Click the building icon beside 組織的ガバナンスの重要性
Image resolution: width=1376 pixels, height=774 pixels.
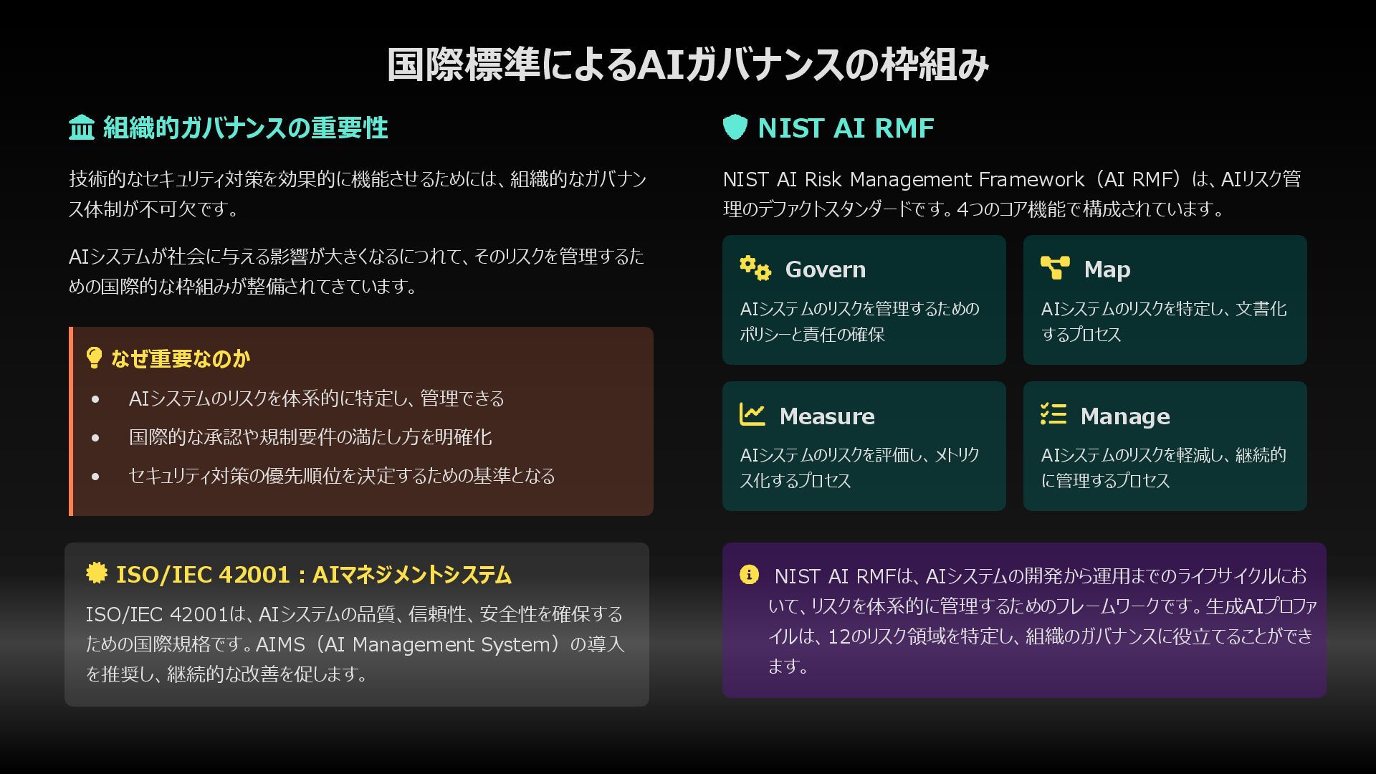pos(82,128)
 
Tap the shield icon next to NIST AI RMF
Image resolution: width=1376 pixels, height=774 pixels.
pos(735,128)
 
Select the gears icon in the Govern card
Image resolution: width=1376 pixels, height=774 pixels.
pos(755,269)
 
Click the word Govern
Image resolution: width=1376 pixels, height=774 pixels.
pos(825,269)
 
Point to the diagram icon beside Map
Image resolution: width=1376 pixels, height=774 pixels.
pos(1055,268)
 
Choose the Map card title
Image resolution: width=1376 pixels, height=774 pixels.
pos(1107,269)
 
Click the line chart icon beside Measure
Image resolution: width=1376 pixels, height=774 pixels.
pos(752,415)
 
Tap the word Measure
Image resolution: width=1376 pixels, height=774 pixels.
pos(826,416)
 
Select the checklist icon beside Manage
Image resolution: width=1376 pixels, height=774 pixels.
pos(1053,415)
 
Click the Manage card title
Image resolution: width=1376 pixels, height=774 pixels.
pos(1124,416)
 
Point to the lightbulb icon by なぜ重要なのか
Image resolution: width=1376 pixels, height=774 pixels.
pos(93,358)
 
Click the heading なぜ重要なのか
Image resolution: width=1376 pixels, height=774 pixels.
pos(180,359)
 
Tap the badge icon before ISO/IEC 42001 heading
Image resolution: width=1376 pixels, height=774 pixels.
pos(96,573)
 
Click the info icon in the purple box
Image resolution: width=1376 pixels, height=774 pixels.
pos(748,575)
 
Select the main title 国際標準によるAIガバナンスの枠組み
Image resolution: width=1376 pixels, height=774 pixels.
pos(688,64)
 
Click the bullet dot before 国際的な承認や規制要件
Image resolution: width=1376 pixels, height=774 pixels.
pos(95,437)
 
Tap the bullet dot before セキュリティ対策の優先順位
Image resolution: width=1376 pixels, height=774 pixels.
pos(95,476)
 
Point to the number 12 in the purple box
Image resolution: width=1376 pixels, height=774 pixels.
pos(839,636)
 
